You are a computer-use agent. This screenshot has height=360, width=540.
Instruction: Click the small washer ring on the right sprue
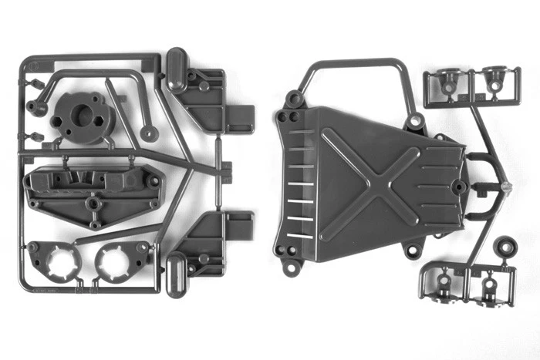click(506, 248)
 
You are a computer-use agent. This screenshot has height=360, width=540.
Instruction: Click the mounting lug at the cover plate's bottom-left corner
click(290, 267)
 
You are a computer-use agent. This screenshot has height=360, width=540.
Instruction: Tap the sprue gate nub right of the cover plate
click(505, 187)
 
